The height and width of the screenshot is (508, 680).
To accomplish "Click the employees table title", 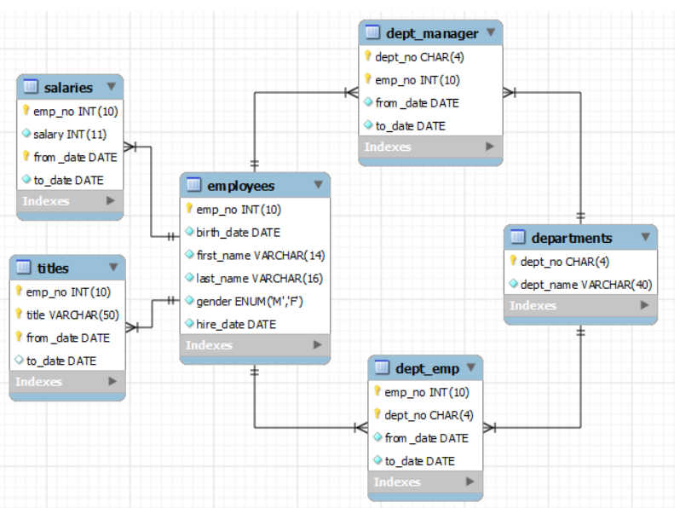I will click(241, 185).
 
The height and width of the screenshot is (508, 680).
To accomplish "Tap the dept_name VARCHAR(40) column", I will click(585, 285).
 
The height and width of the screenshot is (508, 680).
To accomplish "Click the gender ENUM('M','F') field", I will click(251, 301).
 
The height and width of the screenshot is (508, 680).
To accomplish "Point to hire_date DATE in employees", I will click(236, 324).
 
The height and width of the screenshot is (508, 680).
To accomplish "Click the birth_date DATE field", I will click(238, 232).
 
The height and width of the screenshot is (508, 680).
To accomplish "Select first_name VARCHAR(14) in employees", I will click(260, 255).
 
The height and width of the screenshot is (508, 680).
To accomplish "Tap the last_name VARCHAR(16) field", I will click(261, 278).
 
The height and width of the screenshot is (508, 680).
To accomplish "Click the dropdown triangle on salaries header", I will click(112, 87).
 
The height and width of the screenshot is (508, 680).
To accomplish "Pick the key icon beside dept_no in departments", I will click(513, 262).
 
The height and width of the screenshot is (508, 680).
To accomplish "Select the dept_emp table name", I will click(427, 368).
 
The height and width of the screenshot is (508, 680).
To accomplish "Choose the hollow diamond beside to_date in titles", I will click(19, 361).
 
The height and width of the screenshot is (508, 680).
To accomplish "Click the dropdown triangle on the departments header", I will click(646, 237).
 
